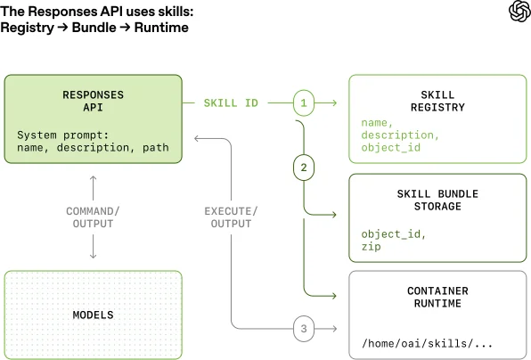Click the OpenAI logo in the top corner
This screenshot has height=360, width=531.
517,12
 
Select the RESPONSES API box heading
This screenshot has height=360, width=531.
93,101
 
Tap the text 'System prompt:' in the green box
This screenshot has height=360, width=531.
55,135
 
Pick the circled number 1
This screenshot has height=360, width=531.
303,103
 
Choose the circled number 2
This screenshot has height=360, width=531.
303,167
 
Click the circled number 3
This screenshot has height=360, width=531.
303,329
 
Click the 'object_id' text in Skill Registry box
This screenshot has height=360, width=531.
390,147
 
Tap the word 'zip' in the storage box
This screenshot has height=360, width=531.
372,246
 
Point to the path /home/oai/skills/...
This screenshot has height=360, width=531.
418,344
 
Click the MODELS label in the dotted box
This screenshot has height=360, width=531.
93,315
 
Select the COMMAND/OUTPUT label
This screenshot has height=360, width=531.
93,217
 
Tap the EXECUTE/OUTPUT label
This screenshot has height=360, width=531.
232,217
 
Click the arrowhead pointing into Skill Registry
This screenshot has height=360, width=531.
335,103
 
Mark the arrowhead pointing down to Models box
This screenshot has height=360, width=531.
93,257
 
